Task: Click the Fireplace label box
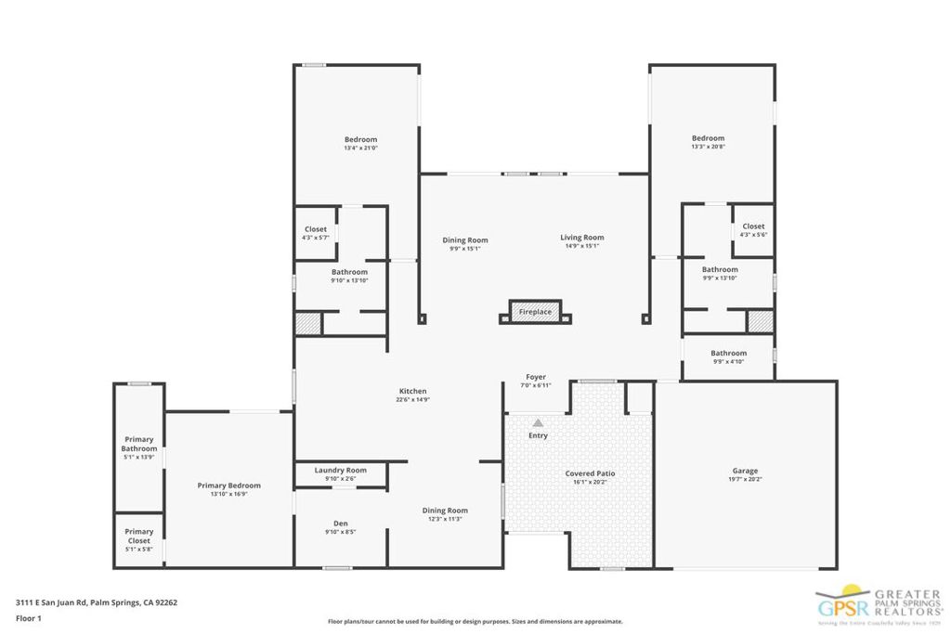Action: (x=535, y=312)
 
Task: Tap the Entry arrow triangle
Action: (x=538, y=421)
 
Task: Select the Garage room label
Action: (x=745, y=472)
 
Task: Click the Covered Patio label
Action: (x=590, y=473)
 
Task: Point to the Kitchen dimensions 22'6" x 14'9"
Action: (x=412, y=400)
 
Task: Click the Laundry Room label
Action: (x=340, y=471)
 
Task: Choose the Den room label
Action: (x=340, y=524)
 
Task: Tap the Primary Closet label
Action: (x=138, y=537)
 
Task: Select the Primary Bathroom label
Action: (x=138, y=444)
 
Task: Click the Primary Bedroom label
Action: (x=228, y=485)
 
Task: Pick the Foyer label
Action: (x=536, y=377)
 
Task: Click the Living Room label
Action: (x=582, y=239)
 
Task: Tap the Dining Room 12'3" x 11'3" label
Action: (x=445, y=511)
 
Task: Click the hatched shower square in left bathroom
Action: (x=307, y=323)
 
